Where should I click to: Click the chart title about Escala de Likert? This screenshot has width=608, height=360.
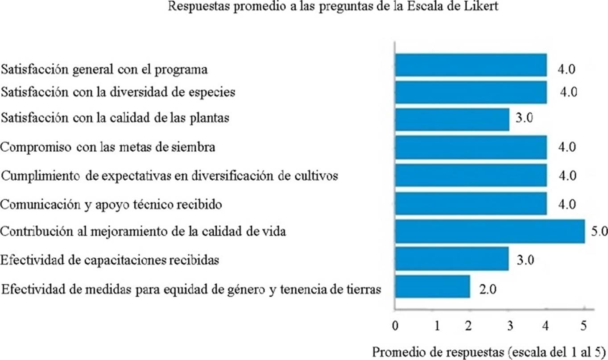303,7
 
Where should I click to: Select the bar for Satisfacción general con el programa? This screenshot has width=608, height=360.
471,65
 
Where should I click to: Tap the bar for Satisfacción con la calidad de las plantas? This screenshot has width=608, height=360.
452,120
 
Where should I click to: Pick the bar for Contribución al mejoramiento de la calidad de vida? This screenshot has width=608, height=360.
489,232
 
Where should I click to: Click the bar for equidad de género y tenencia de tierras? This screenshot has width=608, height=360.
432,286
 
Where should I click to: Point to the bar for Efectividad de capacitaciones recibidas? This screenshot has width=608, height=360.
451,259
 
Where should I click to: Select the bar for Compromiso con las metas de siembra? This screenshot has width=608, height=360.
471,147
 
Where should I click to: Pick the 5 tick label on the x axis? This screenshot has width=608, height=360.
583,326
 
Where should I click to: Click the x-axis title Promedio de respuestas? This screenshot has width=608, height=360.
489,351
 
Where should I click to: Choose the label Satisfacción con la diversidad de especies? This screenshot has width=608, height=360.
118,92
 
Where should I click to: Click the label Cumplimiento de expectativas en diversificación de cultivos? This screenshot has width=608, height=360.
170,175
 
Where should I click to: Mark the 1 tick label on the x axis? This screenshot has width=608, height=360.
438,326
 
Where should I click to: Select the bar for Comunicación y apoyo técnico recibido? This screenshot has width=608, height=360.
471,203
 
